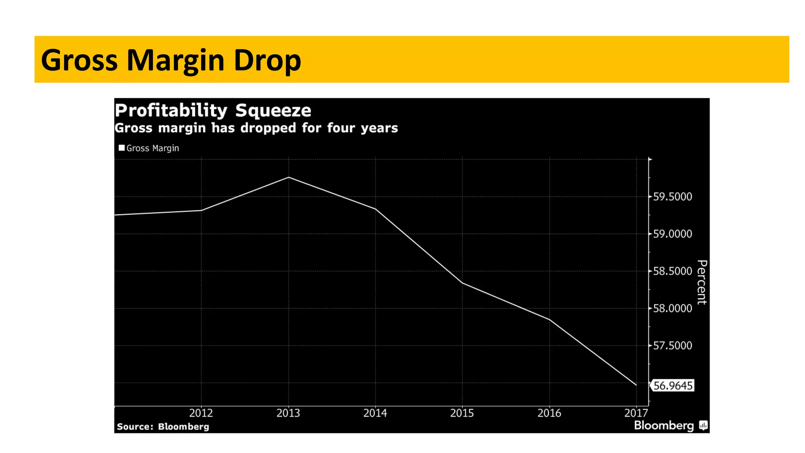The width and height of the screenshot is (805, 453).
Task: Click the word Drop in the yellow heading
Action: click(x=267, y=61)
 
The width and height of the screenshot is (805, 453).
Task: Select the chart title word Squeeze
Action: click(x=273, y=111)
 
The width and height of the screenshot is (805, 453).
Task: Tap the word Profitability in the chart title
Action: click(x=171, y=111)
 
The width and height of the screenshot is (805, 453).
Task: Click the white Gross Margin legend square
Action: click(x=121, y=148)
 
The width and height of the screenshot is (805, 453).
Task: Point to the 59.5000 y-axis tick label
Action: click(x=672, y=197)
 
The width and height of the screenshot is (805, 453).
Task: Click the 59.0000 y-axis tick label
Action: click(x=672, y=234)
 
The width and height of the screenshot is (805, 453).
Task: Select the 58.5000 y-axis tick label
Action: click(x=672, y=271)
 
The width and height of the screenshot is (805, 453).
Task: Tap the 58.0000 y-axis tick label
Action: click(x=672, y=308)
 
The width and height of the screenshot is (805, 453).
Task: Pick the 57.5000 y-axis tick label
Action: click(x=672, y=346)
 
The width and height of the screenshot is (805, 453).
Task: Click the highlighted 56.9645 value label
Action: click(x=673, y=385)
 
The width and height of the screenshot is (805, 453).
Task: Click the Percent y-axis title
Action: click(x=702, y=282)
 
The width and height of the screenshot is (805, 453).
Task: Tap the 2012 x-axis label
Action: click(x=201, y=413)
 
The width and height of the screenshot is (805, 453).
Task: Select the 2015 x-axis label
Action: click(x=462, y=413)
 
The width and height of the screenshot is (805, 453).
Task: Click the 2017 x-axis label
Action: click(x=636, y=413)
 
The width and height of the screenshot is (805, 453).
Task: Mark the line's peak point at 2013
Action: click(x=289, y=177)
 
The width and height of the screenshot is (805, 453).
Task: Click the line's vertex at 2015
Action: click(x=462, y=283)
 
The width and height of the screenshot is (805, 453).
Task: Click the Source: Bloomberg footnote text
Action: click(x=163, y=427)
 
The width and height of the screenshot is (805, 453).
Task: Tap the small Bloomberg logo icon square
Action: click(x=703, y=425)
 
